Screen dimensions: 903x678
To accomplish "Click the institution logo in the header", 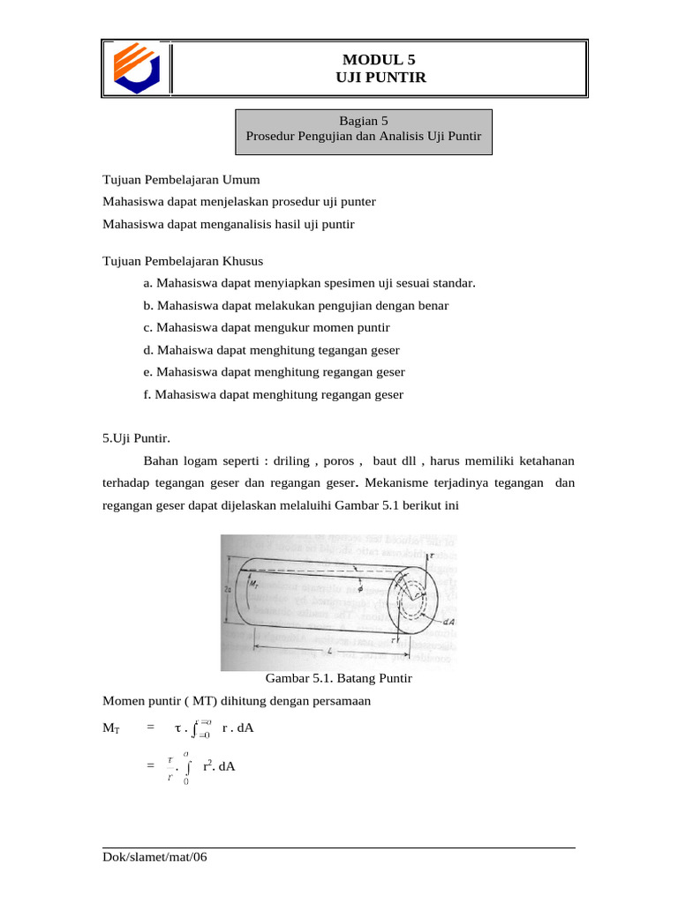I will (x=135, y=68).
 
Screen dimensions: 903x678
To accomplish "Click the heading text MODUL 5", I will (x=379, y=60).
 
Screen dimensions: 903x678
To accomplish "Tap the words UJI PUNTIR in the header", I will (x=379, y=78).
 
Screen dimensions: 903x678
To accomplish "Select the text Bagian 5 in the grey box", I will (x=364, y=121).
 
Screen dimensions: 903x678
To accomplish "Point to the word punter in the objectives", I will (x=358, y=201).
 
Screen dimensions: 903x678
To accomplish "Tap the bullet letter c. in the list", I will (x=147, y=327).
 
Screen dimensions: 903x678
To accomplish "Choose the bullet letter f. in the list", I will (x=147, y=394).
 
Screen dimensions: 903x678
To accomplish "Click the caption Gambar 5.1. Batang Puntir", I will (x=339, y=679).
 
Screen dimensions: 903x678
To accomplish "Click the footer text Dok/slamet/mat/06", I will (x=154, y=857).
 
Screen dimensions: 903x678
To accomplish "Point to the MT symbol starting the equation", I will (x=111, y=728).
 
